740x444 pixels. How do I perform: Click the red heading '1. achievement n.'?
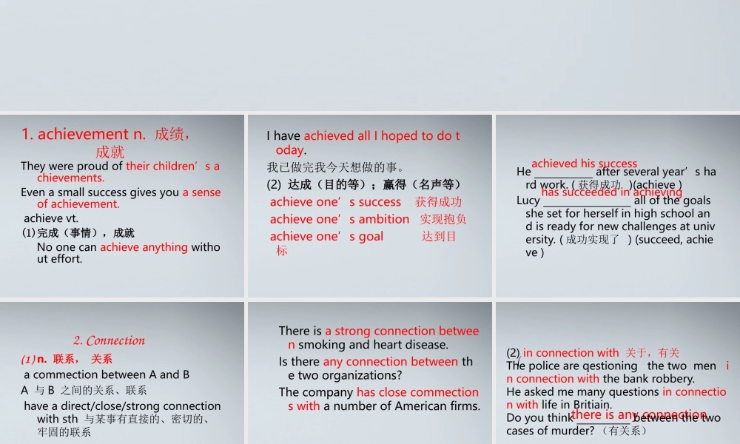84,134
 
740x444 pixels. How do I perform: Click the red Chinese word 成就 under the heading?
110,152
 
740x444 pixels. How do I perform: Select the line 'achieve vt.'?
51,218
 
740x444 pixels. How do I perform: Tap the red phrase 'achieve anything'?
144,246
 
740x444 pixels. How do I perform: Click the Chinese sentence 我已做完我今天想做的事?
335,167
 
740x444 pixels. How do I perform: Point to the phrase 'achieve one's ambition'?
339,219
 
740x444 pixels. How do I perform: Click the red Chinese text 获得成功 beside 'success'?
438,202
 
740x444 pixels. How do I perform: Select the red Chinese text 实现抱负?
443,219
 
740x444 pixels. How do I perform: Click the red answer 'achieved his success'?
584,164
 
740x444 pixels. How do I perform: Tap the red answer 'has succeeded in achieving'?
611,192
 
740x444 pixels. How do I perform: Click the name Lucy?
528,201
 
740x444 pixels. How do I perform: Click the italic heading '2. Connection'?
109,340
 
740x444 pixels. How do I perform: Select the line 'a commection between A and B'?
107,374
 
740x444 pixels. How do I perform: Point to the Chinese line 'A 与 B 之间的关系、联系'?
84,390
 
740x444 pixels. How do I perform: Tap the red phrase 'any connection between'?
390,362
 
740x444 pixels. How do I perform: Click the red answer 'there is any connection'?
639,414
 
